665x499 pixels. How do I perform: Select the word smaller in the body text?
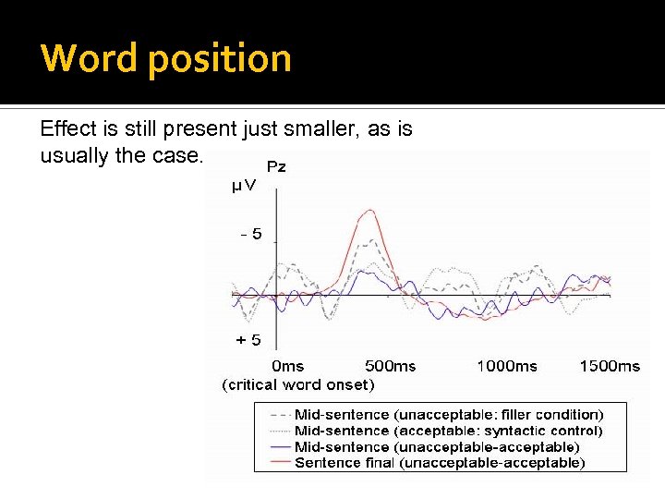324,129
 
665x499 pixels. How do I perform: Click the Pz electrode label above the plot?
276,167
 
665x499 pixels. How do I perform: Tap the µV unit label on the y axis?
244,187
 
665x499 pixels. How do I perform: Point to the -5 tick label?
249,235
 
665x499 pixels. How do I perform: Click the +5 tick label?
248,340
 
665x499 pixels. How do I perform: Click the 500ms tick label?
391,366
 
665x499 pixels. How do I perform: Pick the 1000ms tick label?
506,366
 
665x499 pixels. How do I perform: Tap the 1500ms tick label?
610,366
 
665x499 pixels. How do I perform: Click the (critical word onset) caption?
297,384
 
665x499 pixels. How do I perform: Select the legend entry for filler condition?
448,415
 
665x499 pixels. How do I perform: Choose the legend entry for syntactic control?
448,431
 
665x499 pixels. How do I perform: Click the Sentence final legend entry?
439,462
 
